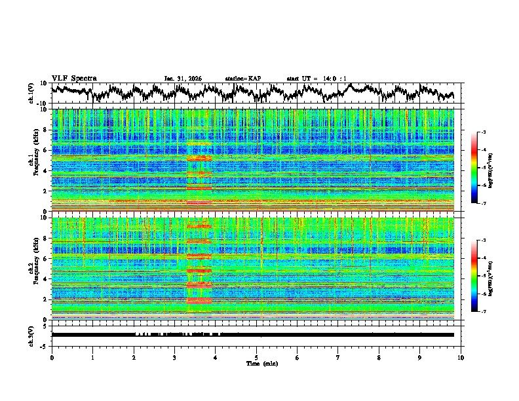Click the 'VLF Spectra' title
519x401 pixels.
pos(74,78)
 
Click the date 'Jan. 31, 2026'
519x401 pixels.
pos(183,79)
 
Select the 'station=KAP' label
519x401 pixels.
pos(242,79)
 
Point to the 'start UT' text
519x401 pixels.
pos(301,79)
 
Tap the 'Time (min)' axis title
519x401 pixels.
pos(256,363)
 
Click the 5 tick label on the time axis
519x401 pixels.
pos(256,357)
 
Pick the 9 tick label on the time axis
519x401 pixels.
pos(420,357)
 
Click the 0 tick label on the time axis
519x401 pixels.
pos(52,357)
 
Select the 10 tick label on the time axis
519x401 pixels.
pos(461,357)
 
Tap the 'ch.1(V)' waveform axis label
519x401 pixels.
pos(31,93)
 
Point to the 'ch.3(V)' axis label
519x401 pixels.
pos(31,334)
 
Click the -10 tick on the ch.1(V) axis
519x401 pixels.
pos(41,104)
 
